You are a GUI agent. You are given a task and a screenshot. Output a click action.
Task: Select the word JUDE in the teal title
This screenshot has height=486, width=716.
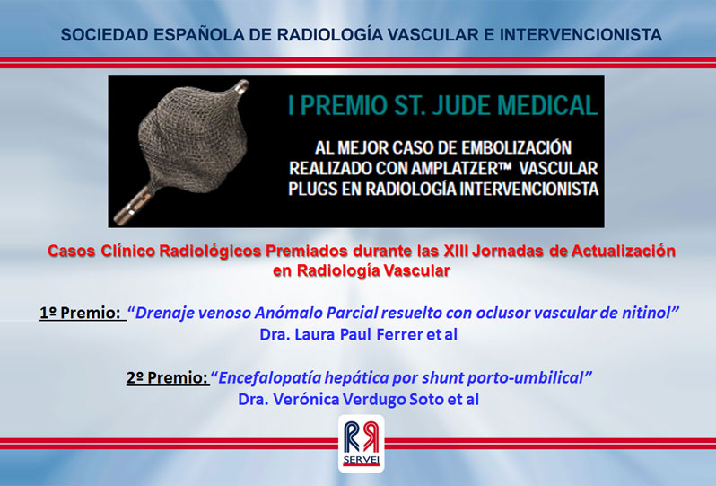pyautogui.click(x=462, y=105)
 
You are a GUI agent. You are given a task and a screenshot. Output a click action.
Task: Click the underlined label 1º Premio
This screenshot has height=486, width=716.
pyautogui.click(x=83, y=313)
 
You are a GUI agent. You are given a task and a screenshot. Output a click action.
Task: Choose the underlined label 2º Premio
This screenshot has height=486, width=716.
pyautogui.click(x=168, y=377)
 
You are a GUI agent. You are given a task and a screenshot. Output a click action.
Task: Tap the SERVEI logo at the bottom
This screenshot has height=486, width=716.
pyautogui.click(x=362, y=444)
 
